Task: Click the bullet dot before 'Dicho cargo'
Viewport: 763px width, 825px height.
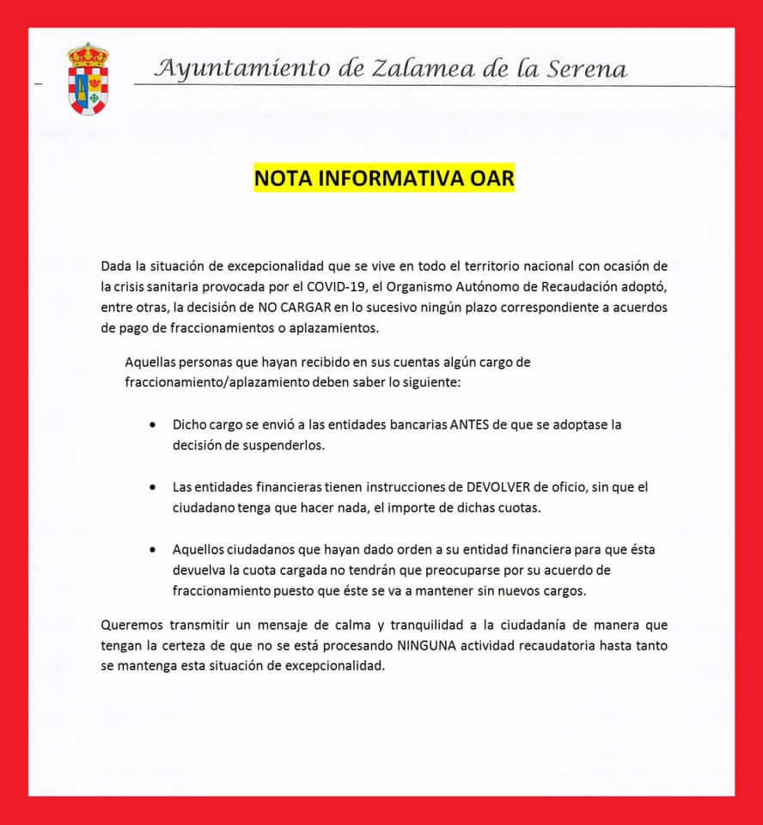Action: pos(153,425)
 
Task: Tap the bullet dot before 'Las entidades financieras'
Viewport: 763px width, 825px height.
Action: pos(153,487)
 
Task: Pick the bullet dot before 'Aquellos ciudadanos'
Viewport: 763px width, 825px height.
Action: pos(153,549)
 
